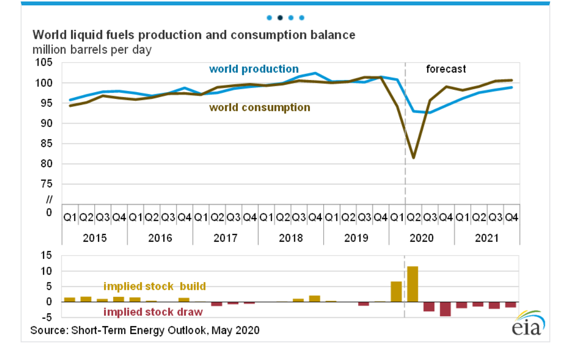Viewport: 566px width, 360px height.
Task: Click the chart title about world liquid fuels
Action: [194, 35]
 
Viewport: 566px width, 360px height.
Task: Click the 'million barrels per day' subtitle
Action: [92, 50]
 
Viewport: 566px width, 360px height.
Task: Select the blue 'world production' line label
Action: [254, 69]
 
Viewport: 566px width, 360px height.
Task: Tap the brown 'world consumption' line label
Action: [259, 107]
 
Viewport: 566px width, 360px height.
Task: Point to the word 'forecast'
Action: [446, 69]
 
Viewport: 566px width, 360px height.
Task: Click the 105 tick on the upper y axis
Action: [43, 63]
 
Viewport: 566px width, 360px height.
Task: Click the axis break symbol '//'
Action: [49, 199]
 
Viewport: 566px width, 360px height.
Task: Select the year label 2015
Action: [95, 238]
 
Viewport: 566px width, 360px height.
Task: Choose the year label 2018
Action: [291, 238]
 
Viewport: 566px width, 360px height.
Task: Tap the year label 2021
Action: [487, 238]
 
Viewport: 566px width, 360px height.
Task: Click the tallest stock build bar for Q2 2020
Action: [413, 284]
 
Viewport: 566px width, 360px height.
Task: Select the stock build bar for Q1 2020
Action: [396, 292]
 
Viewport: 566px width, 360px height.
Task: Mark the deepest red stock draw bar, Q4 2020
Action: [445, 309]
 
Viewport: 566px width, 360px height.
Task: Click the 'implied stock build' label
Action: [154, 286]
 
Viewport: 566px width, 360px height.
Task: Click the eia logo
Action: [529, 324]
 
